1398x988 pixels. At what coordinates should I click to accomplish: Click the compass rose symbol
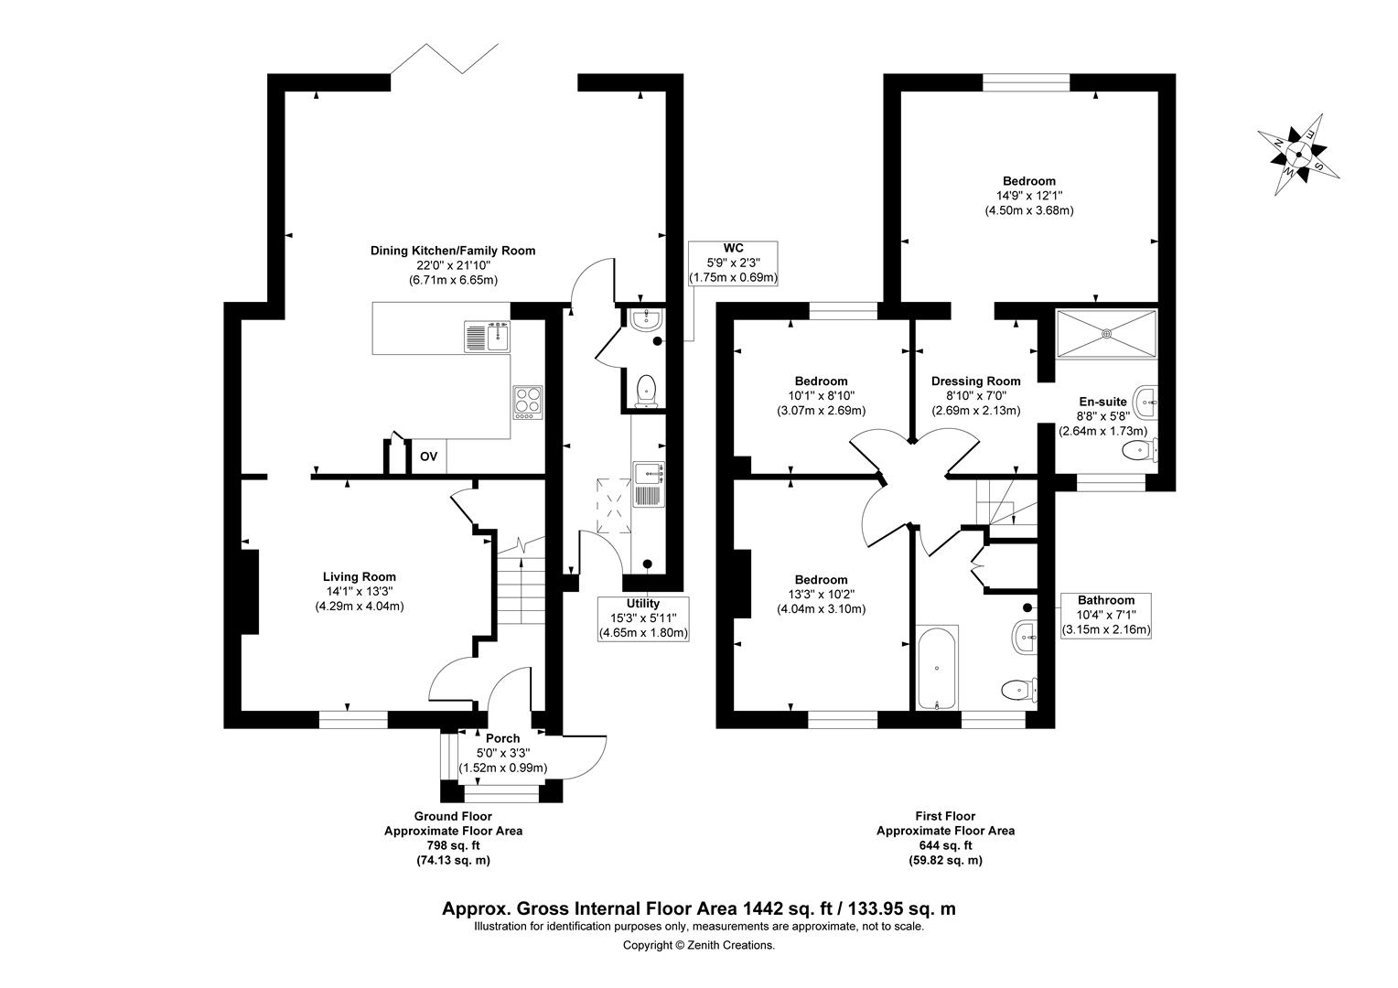1298,155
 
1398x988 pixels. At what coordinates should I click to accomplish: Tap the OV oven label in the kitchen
428,456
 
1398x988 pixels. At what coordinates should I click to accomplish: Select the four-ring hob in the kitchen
527,403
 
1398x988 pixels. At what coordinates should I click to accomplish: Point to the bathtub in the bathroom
937,667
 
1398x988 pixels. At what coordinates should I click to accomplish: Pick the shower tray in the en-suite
1106,334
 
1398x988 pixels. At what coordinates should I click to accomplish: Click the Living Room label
360,576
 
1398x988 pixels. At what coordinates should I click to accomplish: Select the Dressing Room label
975,381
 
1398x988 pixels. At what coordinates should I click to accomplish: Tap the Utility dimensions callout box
643,618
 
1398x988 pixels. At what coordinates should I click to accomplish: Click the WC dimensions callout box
734,263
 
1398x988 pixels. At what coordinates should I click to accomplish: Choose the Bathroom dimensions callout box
1106,616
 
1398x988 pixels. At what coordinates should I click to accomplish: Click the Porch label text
502,738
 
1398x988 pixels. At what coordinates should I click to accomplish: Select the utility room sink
649,484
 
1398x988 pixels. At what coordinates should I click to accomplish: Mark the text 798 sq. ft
453,845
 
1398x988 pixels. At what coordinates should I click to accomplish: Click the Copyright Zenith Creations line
699,945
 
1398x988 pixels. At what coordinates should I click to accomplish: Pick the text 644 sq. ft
945,845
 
